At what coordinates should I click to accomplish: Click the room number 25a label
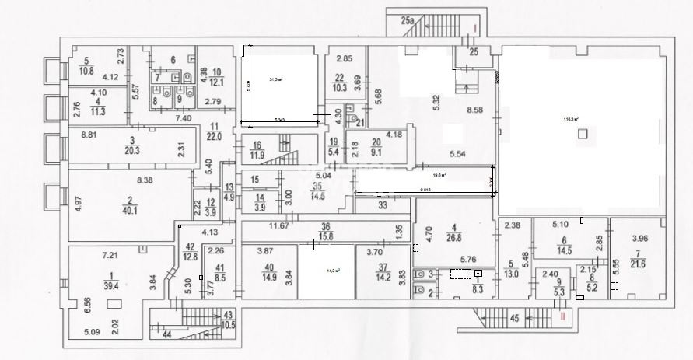point(407,21)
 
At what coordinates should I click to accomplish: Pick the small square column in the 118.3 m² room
point(583,135)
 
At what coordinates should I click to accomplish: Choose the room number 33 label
point(383,206)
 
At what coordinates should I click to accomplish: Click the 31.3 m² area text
point(275,79)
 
